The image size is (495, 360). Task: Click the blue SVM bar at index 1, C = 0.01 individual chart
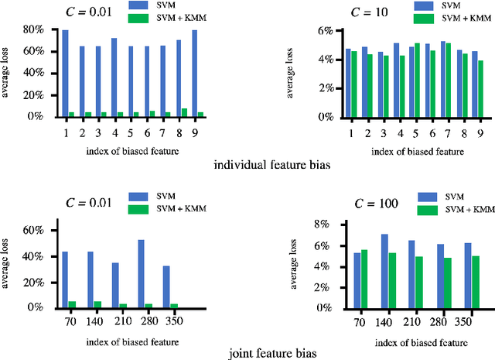pyautogui.click(x=65, y=74)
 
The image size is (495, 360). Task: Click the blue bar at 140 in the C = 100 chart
pyautogui.click(x=384, y=270)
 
